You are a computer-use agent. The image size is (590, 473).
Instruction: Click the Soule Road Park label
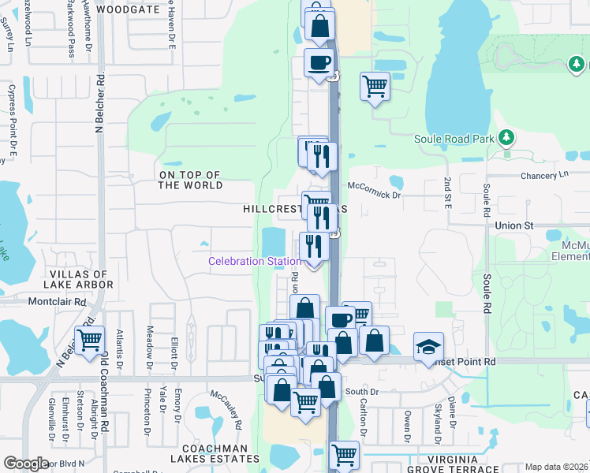(454, 140)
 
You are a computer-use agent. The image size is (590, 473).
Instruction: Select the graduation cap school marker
(428, 346)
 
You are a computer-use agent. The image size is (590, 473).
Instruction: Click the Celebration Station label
(254, 261)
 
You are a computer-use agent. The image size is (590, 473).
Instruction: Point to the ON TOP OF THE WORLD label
(189, 180)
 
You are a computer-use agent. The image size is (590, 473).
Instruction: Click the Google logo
(27, 464)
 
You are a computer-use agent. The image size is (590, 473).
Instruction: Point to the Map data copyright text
(556, 467)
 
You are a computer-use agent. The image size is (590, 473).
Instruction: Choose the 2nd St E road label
(447, 194)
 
